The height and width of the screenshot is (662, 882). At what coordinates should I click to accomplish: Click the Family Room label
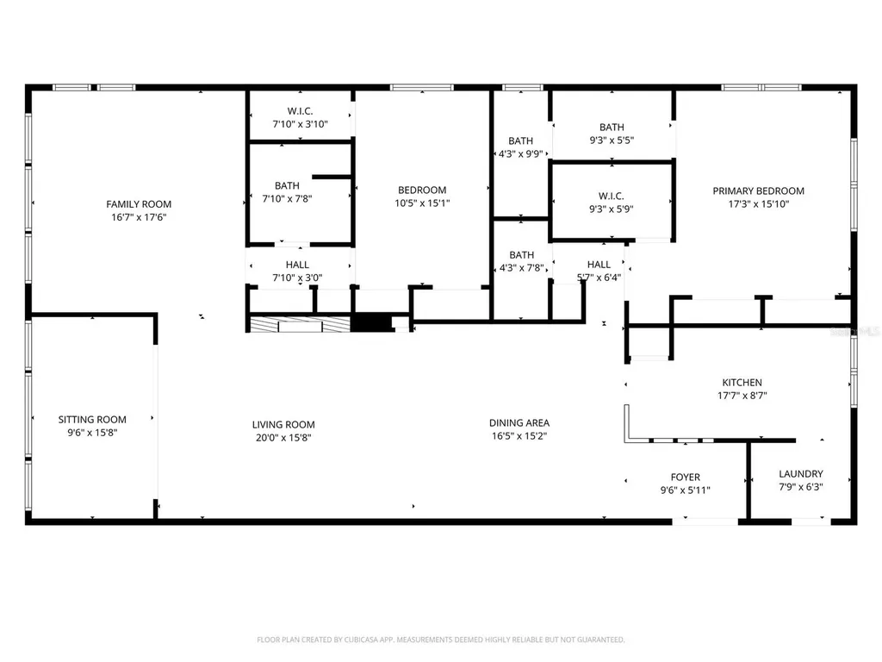139,204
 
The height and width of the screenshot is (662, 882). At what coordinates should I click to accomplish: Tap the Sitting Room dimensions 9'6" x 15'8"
92,433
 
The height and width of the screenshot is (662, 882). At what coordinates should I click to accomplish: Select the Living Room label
283,425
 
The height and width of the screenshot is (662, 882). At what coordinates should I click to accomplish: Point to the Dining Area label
519,422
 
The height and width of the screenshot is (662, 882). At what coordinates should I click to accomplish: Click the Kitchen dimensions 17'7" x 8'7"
742,396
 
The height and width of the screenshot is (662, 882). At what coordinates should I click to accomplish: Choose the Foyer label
685,478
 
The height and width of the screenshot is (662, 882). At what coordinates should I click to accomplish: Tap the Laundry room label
801,474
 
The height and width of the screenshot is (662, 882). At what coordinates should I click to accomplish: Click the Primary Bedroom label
758,191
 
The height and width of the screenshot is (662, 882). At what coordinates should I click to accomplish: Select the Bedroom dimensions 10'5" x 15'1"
422,203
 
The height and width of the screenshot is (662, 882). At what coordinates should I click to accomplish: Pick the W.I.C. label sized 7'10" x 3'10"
300,111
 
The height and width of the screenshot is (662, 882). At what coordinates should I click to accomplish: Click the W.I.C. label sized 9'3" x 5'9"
611,196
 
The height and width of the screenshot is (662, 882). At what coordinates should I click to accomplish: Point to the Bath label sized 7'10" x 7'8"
287,186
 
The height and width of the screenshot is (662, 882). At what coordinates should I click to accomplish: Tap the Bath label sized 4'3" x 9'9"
520,141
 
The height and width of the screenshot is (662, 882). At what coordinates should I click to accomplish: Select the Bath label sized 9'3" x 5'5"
612,128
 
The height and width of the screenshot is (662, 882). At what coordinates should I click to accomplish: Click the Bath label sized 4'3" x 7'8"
521,255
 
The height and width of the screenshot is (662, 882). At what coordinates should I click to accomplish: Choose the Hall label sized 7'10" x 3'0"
297,265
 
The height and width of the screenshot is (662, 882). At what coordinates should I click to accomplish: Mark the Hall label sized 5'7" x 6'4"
599,265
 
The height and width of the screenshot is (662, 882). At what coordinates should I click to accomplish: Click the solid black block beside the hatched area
371,323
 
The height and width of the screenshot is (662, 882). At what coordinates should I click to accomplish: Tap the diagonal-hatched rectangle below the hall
300,325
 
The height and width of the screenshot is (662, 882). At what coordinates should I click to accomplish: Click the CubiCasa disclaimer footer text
440,640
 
